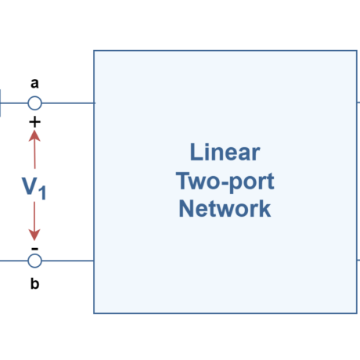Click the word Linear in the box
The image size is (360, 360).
pos(225,152)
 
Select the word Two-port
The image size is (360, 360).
pos(225,181)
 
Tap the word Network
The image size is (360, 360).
pos(225,209)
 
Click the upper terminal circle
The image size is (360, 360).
pos(34,103)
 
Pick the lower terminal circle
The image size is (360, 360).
pos(34,261)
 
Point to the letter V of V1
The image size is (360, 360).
pos(29,185)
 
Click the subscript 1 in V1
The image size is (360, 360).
pos(43,192)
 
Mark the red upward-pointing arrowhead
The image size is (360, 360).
pos(34,135)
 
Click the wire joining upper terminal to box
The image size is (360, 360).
pos(67,103)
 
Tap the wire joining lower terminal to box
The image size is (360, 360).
pos(67,261)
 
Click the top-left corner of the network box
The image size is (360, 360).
pos(94,52)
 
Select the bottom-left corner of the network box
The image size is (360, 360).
pos(94,313)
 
